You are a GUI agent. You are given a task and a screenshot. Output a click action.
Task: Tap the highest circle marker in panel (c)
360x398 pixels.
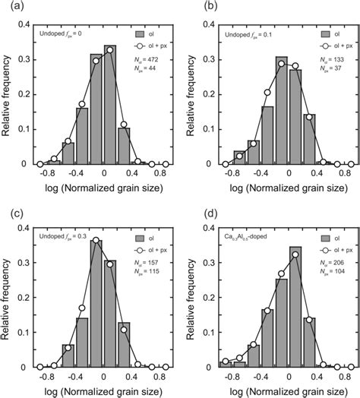(96, 240)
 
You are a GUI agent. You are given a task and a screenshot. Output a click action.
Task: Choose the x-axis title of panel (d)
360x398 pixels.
(276, 390)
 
